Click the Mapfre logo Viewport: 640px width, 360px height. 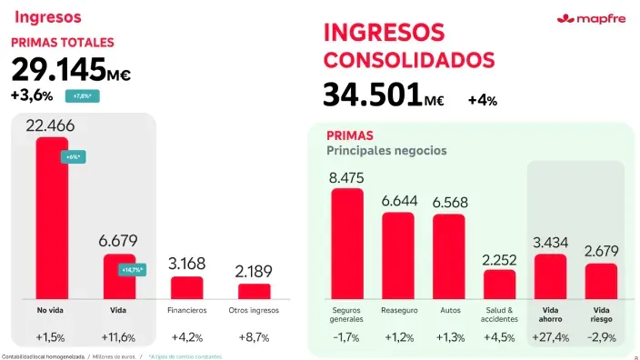click(x=590, y=19)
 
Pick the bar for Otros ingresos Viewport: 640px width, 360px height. click(x=254, y=290)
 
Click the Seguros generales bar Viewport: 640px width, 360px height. click(x=346, y=243)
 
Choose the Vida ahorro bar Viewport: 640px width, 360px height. click(x=550, y=275)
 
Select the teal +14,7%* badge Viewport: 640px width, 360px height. click(x=132, y=269)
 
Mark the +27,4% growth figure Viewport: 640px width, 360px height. click(x=550, y=338)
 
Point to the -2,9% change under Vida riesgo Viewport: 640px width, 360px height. click(x=601, y=338)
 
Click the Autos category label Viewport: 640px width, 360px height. click(x=449, y=310)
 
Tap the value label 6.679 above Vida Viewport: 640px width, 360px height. click(x=118, y=241)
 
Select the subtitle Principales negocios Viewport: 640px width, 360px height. click(x=385, y=150)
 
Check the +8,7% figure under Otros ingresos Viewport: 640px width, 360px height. click(x=254, y=338)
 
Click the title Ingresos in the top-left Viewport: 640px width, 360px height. click(x=47, y=16)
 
